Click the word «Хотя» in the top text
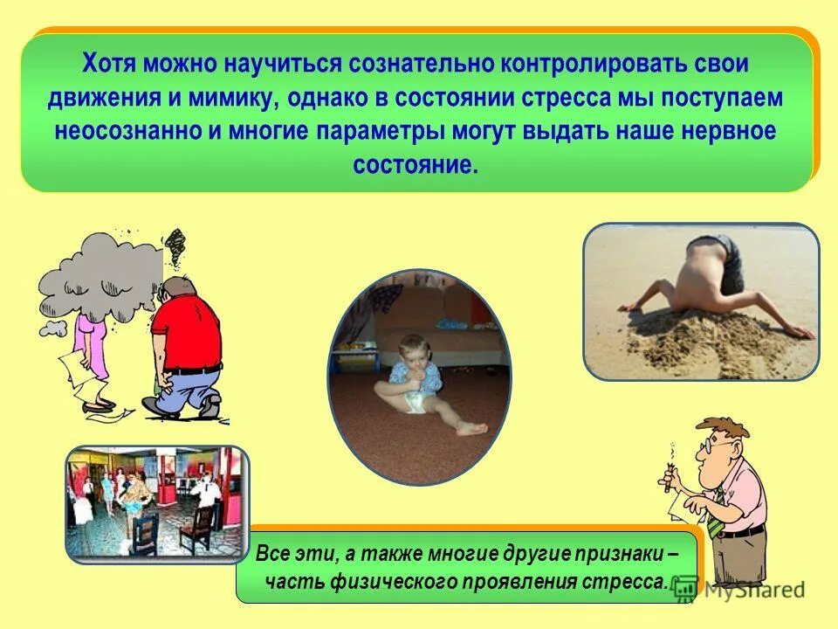(111, 64)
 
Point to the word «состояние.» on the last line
(416, 166)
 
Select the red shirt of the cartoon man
(188, 332)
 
